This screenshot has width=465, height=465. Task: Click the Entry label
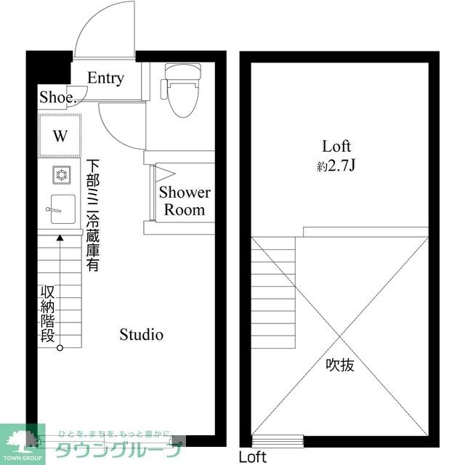[x=106, y=78]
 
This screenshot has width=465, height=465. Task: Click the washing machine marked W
[x=60, y=135]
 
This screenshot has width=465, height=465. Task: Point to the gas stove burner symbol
[x=60, y=175]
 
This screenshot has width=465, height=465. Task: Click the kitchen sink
[x=60, y=211]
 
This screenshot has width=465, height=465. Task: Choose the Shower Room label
[x=185, y=201]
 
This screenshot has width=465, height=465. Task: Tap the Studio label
[x=141, y=335]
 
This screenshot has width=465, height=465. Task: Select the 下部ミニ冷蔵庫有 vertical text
[x=93, y=215]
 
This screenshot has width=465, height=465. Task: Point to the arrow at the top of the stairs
[x=60, y=238]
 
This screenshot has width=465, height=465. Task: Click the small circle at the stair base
[x=60, y=347]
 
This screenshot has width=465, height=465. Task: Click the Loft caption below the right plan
[x=253, y=457]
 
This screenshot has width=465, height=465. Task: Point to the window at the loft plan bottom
[x=278, y=440]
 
